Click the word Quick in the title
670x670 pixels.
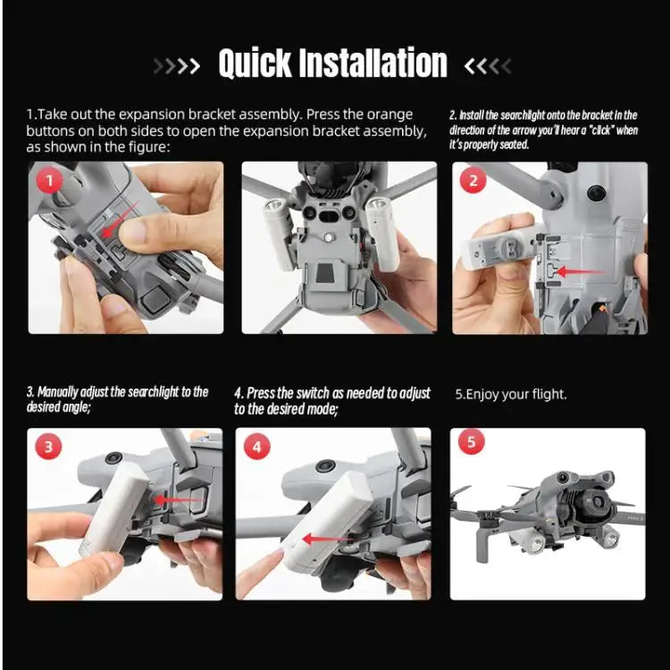pos(255,63)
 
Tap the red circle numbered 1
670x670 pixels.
pos(50,181)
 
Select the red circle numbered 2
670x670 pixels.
pos(473,181)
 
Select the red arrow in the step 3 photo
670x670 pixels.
pos(179,500)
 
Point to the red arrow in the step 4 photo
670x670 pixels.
pos(326,538)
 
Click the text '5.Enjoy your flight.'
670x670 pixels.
pos(511,394)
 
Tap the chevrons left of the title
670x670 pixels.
pos(177,65)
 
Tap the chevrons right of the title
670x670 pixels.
pos(488,65)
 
